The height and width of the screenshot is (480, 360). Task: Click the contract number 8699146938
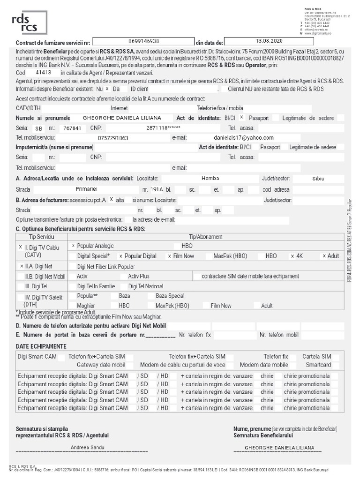point(143,41)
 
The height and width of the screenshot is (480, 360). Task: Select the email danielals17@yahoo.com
point(243,138)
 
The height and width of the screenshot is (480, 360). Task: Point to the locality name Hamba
point(210,178)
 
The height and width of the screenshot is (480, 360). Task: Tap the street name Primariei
point(86,189)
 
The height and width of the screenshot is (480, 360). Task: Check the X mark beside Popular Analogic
point(74,246)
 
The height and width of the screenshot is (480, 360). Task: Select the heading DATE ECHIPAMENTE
point(41,346)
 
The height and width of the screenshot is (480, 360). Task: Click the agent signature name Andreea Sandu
point(88,447)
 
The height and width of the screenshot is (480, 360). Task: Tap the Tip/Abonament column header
point(199,237)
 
